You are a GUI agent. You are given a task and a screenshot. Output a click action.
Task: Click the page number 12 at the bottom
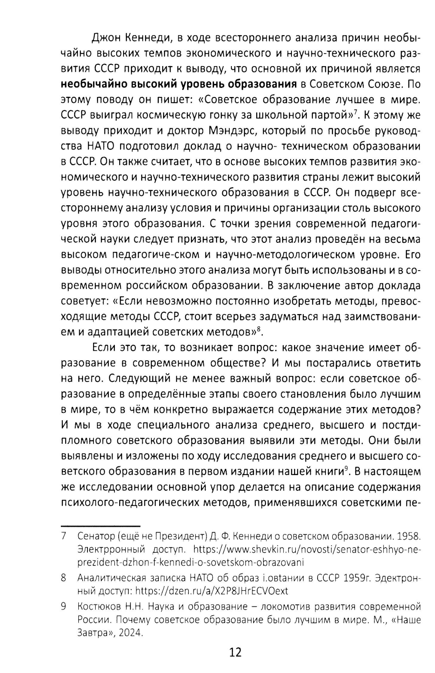click(235, 652)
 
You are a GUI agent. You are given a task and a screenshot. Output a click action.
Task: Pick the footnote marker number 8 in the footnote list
click(64, 578)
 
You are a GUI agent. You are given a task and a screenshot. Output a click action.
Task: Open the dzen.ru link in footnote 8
click(212, 591)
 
